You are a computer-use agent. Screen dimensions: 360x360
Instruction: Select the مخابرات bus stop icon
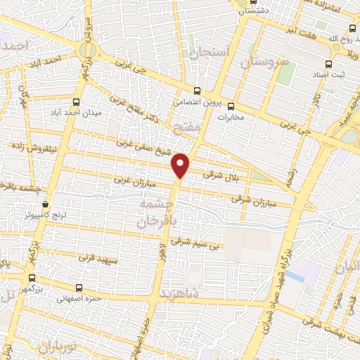pos(232,106)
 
